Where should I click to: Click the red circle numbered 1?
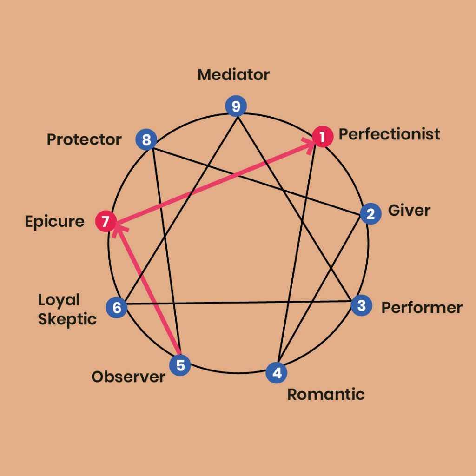point(323,137)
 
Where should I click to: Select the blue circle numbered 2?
point(370,214)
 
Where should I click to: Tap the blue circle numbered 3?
point(362,305)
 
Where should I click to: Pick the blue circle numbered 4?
point(277,372)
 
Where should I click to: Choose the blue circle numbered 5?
point(180,365)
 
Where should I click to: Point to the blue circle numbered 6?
point(117,308)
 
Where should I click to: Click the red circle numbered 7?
point(106,221)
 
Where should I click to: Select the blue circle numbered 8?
point(146,139)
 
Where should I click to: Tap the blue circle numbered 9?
point(236,106)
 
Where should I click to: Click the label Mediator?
point(233,75)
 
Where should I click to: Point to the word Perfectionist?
point(390,134)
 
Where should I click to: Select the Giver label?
point(409,211)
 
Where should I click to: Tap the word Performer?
point(422,308)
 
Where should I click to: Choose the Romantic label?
point(326,394)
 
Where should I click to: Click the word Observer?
point(128,377)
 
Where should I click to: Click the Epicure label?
point(55,222)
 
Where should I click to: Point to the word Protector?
point(84,139)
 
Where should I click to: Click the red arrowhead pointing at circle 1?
point(309,145)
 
